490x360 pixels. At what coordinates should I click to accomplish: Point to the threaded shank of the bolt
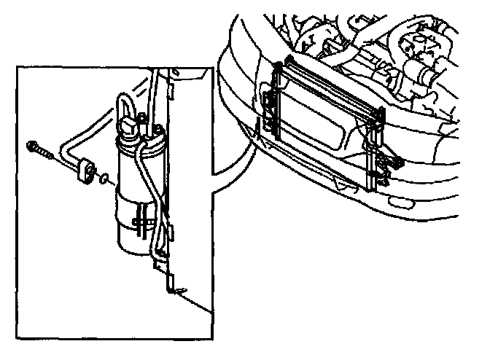click(x=48, y=154)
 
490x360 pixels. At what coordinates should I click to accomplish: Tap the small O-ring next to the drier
click(x=106, y=177)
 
